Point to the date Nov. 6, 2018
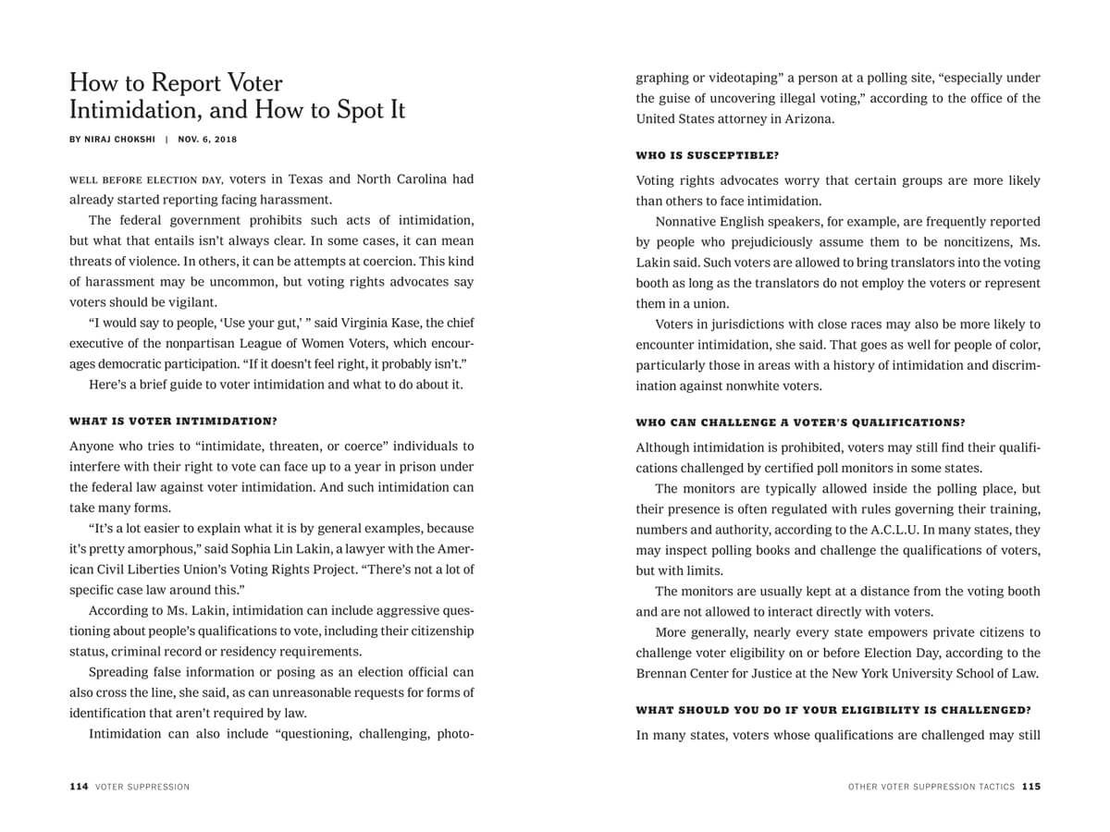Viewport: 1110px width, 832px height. click(x=209, y=140)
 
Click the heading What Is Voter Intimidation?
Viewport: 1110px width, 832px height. click(x=173, y=421)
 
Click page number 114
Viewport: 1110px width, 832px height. click(x=79, y=787)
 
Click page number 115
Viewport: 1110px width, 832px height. click(x=1031, y=787)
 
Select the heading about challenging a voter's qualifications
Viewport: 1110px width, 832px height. click(x=800, y=422)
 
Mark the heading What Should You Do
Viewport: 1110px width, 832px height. click(x=832, y=710)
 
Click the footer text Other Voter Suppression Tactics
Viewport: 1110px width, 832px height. click(x=931, y=787)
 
